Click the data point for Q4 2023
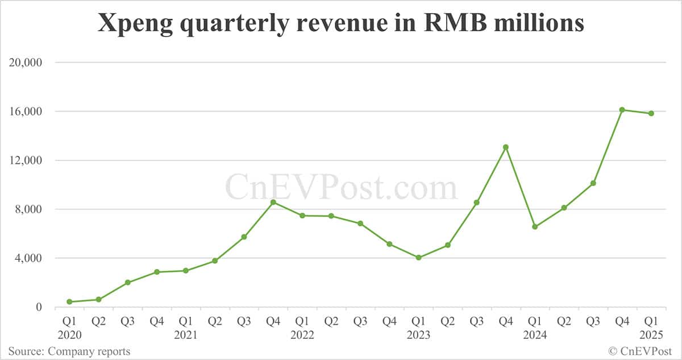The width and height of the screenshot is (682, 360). [x=505, y=147]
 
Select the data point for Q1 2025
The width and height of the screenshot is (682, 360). [x=651, y=114]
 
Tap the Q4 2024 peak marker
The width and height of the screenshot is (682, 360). [x=622, y=110]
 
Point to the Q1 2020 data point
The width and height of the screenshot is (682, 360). [x=69, y=301]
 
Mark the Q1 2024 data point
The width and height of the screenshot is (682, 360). [x=534, y=227]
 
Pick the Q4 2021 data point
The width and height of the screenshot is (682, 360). [x=273, y=202]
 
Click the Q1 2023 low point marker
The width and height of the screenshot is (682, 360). [x=418, y=258]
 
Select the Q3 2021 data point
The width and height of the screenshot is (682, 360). [x=244, y=237]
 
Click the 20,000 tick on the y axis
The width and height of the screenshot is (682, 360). [x=26, y=63]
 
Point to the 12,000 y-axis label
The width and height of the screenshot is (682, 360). [x=26, y=160]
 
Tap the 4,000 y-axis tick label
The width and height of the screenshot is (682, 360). [x=29, y=258]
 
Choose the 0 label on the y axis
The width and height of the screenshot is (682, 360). [x=39, y=307]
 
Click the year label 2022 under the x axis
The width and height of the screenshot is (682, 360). [x=302, y=335]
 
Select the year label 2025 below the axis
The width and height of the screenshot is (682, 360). [x=651, y=335]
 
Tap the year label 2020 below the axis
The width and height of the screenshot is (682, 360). [x=69, y=335]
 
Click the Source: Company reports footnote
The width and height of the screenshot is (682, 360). [x=69, y=351]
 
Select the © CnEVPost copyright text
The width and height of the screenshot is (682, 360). [x=641, y=351]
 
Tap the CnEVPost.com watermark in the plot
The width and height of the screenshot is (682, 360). [x=341, y=188]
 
